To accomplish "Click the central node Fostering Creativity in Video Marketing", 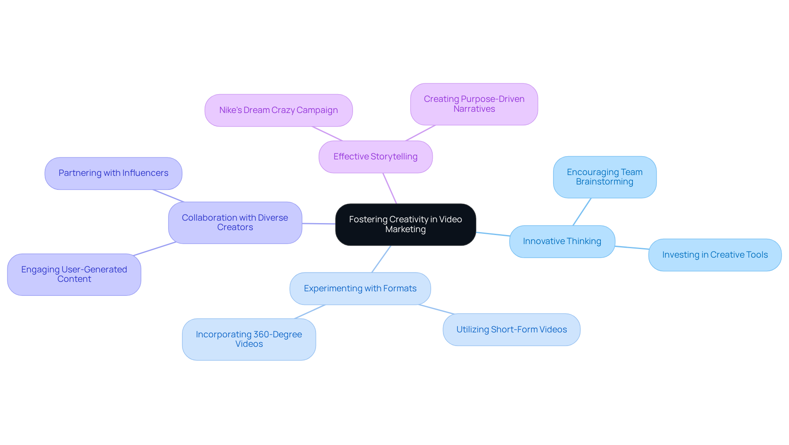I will pyautogui.click(x=405, y=224).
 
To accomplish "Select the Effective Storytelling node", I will pyautogui.click(x=375, y=157).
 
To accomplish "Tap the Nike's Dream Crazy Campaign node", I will pyautogui.click(x=278, y=110).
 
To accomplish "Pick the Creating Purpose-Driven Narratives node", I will pyautogui.click(x=474, y=104).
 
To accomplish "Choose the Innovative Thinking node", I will pyautogui.click(x=562, y=241).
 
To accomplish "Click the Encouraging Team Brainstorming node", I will pyautogui.click(x=604, y=177).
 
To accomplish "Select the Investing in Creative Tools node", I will pyautogui.click(x=715, y=255).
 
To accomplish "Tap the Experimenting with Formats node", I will pyautogui.click(x=360, y=288).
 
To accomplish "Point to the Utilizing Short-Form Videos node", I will pyautogui.click(x=511, y=330).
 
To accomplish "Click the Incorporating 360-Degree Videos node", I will pyautogui.click(x=249, y=339).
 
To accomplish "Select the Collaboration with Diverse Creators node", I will pyautogui.click(x=235, y=222).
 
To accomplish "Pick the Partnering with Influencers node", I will pyautogui.click(x=113, y=173).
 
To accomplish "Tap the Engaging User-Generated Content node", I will pyautogui.click(x=74, y=274).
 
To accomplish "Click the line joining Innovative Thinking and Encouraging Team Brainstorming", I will pyautogui.click(x=582, y=212).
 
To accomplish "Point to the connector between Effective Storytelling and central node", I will pyautogui.click(x=390, y=188).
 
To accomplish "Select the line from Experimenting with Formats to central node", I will pyautogui.click(x=381, y=259).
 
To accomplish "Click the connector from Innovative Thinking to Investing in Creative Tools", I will pyautogui.click(x=632, y=247).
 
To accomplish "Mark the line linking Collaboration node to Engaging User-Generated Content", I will pyautogui.click(x=155, y=249).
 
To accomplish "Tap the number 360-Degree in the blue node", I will pyautogui.click(x=277, y=334).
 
